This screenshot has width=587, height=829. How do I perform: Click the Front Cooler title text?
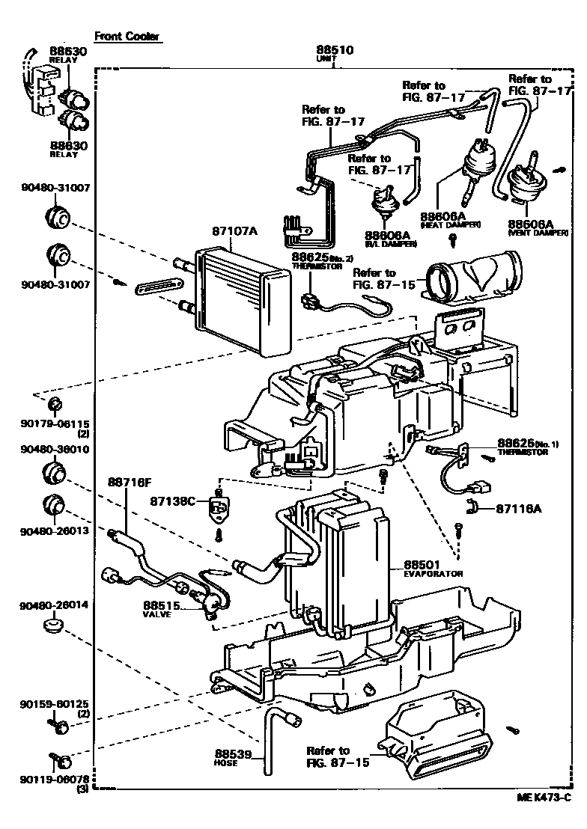click(x=127, y=36)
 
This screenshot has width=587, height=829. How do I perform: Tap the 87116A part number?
click(x=518, y=508)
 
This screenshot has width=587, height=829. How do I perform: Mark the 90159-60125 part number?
click(x=49, y=705)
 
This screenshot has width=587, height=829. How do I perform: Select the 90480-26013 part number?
click(x=49, y=530)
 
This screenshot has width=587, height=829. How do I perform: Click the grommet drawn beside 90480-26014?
click(x=52, y=622)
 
